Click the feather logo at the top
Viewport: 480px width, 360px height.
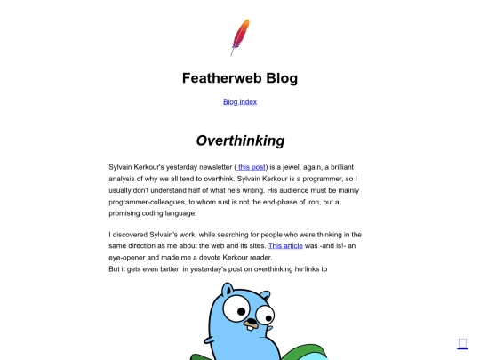(239, 36)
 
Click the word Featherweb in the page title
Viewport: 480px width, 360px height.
(214, 77)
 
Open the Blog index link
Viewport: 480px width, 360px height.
(239, 101)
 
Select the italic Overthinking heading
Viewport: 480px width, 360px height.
(240, 140)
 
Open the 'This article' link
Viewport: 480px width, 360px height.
(285, 244)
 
